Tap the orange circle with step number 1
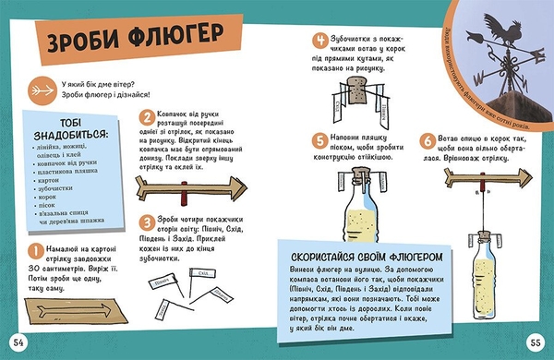pyautogui.click(x=33, y=251)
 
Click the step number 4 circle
pyautogui.click(x=320, y=42)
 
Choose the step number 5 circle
pyautogui.click(x=320, y=138)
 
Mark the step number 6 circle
pyautogui.click(x=427, y=139)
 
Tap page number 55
pyautogui.click(x=535, y=343)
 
